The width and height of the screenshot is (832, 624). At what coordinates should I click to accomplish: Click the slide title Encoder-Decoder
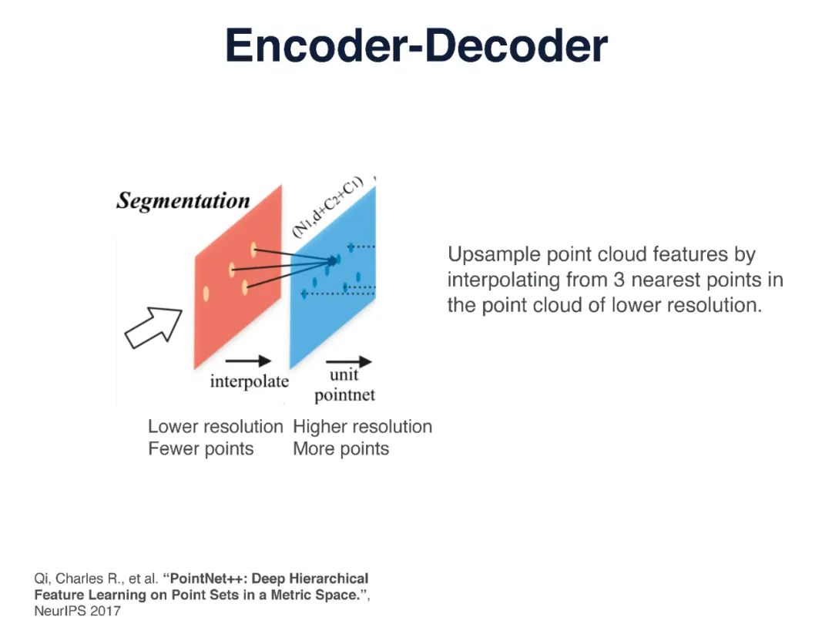[416, 46]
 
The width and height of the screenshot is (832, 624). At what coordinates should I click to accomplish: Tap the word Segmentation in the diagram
[183, 201]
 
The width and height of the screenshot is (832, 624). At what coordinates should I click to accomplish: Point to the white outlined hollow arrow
[154, 327]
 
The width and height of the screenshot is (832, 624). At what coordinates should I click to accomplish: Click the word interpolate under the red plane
[249, 381]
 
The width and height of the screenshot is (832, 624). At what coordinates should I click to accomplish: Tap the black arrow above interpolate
[248, 361]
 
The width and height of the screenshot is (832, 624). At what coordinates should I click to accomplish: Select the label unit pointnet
[344, 386]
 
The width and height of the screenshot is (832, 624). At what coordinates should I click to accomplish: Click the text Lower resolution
[216, 427]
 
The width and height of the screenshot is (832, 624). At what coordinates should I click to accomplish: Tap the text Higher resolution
[362, 427]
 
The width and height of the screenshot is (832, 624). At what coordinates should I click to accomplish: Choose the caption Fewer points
[200, 449]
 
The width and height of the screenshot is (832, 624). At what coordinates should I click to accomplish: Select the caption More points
[341, 449]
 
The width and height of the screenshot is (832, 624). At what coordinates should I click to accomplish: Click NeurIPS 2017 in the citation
[77, 611]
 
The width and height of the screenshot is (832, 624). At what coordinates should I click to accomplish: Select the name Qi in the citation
[42, 579]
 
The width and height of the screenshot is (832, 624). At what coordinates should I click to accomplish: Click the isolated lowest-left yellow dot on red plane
[206, 293]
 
